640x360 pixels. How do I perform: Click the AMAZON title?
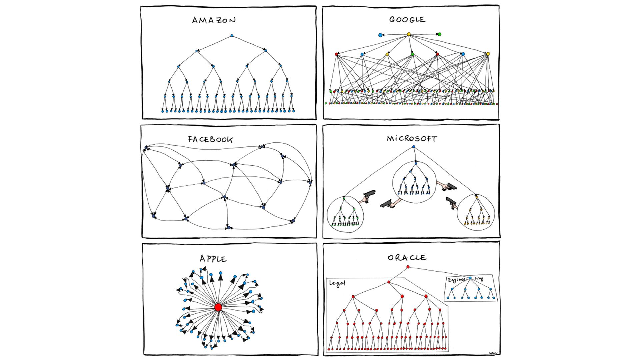214,20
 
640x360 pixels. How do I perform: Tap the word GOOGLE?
407,20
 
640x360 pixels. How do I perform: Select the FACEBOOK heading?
210,139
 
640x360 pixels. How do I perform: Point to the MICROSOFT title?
412,139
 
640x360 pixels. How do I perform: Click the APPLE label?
213,259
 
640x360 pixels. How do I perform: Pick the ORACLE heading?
407,258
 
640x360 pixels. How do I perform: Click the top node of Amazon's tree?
232,36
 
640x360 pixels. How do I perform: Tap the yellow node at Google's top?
409,34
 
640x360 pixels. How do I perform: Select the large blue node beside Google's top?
380,35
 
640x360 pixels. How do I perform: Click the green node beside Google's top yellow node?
439,34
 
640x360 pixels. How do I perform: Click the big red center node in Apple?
218,307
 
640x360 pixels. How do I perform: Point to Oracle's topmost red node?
408,267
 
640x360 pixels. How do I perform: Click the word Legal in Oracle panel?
337,283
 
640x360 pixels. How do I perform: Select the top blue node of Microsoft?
414,147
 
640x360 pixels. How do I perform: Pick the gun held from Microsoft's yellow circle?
451,202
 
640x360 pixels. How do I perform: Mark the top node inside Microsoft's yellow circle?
476,197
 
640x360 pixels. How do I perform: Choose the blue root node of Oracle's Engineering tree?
470,278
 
